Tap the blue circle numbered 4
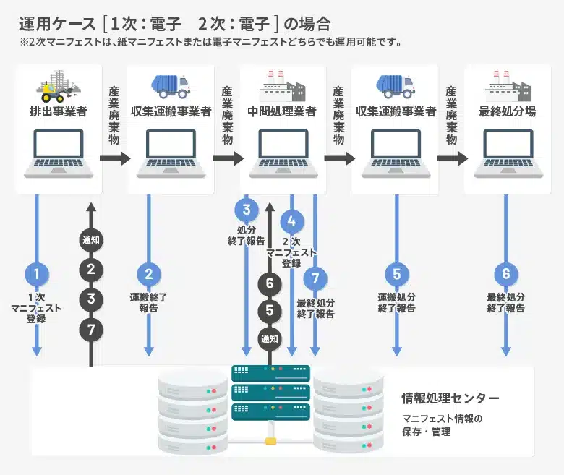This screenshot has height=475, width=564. tap(291, 221)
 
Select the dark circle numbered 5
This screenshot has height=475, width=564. tap(270, 311)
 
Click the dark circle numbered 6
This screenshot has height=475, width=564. tap(270, 283)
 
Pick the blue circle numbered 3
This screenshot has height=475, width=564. tap(246, 210)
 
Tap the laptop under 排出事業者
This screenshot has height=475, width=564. tap(58, 153)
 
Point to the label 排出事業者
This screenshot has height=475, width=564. tap(59, 112)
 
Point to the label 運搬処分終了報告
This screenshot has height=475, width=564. tap(396, 302)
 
